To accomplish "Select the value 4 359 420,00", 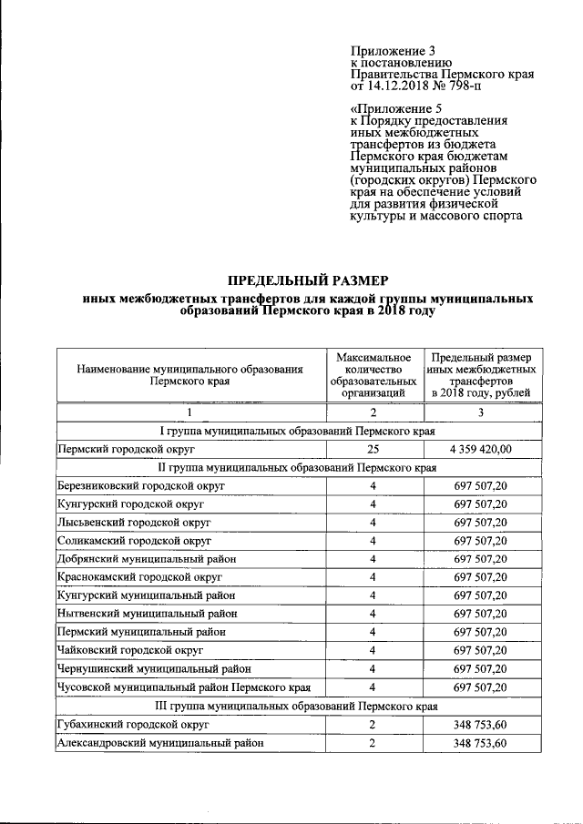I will click(x=481, y=449).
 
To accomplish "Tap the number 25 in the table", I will click(x=373, y=449).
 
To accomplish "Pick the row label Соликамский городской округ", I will click(x=135, y=540).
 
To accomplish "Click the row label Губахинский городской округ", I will click(x=133, y=724).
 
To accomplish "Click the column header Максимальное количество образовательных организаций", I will click(x=373, y=375).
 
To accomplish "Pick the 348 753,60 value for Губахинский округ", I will click(x=481, y=724).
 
